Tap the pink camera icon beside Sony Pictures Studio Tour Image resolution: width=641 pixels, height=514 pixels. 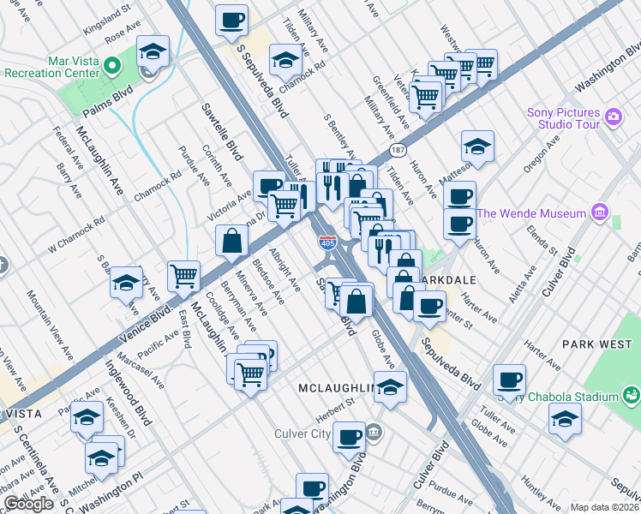[613, 117]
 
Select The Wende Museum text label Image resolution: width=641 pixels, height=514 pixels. [531, 213]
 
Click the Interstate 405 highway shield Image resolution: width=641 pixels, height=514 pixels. [327, 243]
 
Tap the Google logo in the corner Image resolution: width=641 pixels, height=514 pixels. [28, 504]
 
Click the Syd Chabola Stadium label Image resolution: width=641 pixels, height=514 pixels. [572, 396]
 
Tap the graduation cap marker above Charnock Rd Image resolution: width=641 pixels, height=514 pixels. [285, 59]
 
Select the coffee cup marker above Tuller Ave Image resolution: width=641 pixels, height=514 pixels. [510, 379]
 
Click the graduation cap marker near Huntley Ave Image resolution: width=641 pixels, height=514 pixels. [565, 419]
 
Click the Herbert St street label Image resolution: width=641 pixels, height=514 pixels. [337, 405]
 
